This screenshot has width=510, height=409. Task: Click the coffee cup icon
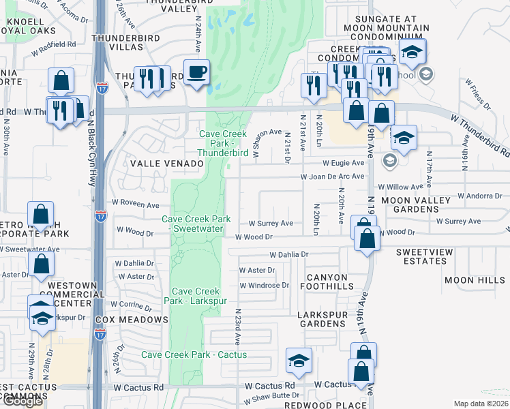(x=196, y=72)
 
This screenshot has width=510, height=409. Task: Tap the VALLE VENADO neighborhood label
(x=162, y=164)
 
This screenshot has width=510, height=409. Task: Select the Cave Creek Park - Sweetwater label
(x=196, y=224)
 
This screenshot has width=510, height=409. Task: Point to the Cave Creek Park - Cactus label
(x=194, y=354)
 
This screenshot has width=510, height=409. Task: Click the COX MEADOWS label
(x=132, y=320)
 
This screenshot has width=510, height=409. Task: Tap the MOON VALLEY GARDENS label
(x=415, y=204)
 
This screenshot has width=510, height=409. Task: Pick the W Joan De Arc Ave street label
(x=333, y=176)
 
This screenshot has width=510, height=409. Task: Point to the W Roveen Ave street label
(x=136, y=204)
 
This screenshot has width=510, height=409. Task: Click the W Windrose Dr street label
(x=265, y=285)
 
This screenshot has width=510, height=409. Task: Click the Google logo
(x=22, y=402)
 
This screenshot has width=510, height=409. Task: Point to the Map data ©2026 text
(x=481, y=404)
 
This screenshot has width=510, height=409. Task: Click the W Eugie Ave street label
(x=344, y=163)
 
